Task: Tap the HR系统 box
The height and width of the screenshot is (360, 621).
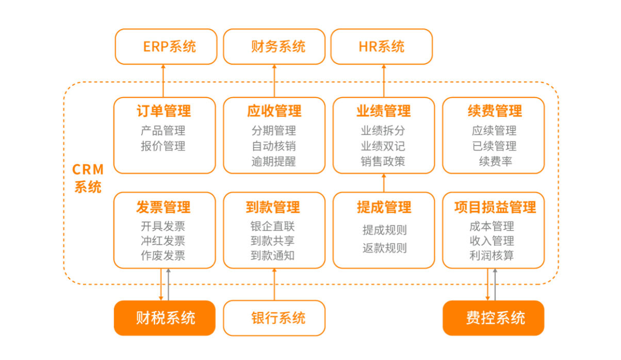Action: pos(382,47)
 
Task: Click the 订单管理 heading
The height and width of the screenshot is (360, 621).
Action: pos(164,110)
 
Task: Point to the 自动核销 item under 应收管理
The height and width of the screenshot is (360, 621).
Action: pos(274,146)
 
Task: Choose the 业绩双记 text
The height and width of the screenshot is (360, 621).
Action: pos(383,146)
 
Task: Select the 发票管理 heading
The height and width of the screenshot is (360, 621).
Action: pos(164,207)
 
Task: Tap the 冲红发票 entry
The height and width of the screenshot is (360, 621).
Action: pos(163,241)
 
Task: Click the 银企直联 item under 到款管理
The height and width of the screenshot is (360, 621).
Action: pos(273,226)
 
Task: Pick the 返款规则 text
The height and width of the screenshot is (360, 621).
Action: pos(385,248)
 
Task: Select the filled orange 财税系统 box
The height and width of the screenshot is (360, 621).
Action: pos(165,318)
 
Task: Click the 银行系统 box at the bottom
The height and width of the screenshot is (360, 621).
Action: pos(274,318)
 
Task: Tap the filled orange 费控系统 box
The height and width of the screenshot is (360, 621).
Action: pos(494,318)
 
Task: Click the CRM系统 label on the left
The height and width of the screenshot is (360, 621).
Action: pos(88,178)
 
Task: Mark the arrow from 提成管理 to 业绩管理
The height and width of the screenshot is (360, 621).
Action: pos(384,183)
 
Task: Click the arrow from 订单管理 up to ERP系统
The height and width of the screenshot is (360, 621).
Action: pos(164,81)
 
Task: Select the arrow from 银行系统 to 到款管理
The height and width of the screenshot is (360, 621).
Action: pos(274,284)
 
